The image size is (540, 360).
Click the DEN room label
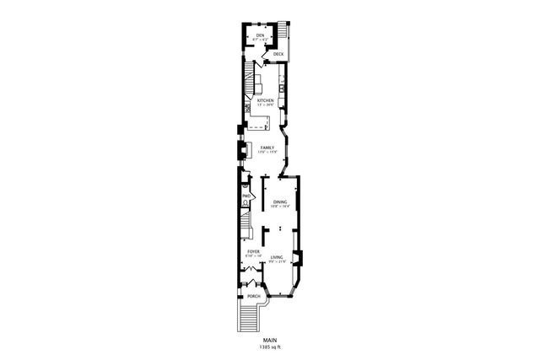click(261, 35)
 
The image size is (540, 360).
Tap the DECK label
click(278, 54)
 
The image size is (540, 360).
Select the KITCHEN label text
click(266, 99)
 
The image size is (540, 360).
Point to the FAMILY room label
click(267, 147)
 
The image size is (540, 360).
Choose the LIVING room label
click(276, 257)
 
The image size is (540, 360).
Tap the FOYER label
click(252, 251)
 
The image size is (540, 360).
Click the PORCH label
click(253, 297)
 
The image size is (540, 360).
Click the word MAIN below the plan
click(270, 340)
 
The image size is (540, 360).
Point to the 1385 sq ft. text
click(270, 347)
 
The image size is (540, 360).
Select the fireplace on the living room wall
click(297, 258)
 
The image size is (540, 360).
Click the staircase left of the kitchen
click(249, 85)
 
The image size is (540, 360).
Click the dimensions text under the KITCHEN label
click(266, 105)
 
